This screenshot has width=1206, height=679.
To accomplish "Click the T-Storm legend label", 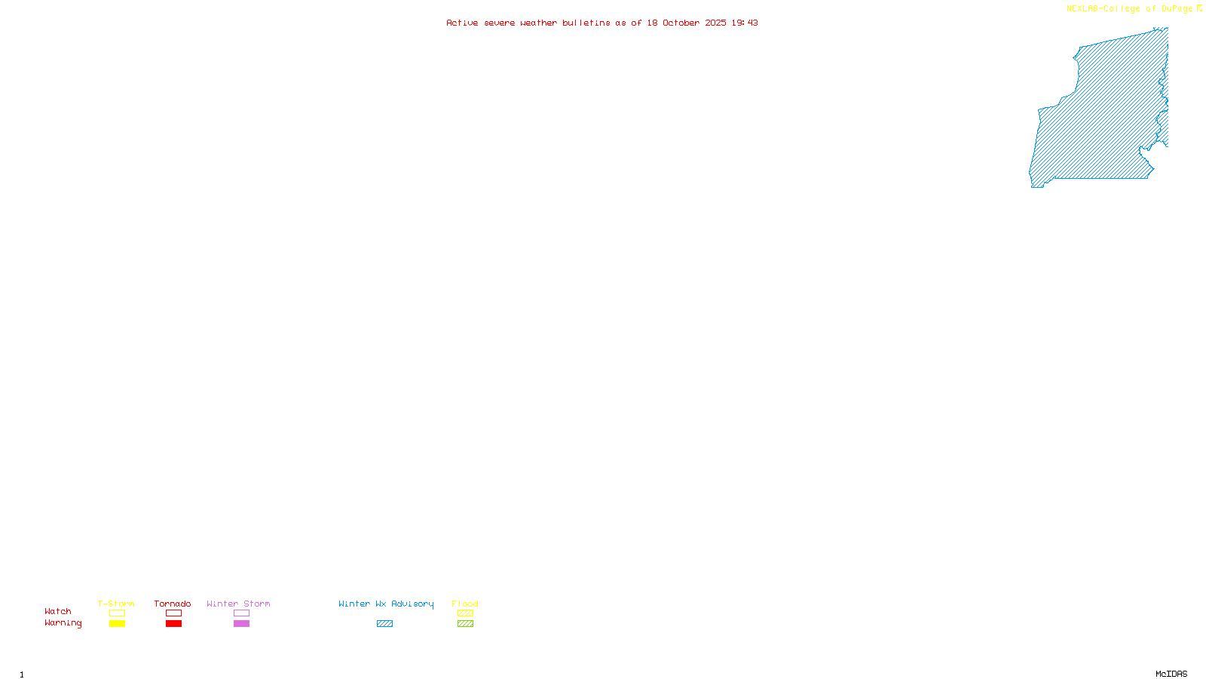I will (x=116, y=604).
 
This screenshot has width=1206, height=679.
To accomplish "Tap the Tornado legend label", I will (x=173, y=604).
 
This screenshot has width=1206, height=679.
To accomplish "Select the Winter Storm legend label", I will (x=238, y=604).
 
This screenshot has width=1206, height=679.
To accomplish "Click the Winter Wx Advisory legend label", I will (x=386, y=604).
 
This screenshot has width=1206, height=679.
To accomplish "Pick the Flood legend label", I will (x=465, y=604).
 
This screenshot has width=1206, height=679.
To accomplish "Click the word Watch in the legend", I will (x=58, y=611).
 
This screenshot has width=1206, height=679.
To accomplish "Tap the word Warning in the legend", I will (x=63, y=623).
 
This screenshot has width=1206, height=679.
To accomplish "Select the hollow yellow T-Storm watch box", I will (x=117, y=613).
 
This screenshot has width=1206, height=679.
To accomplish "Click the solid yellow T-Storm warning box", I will (x=117, y=624).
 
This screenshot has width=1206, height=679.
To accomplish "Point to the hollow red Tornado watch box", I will (x=173, y=613).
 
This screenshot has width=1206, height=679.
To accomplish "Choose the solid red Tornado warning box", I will (x=173, y=624).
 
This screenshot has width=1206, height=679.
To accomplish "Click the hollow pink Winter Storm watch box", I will (x=241, y=613).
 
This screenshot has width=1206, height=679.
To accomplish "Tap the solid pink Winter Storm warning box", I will (x=241, y=624).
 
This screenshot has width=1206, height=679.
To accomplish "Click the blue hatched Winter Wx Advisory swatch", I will (x=384, y=624).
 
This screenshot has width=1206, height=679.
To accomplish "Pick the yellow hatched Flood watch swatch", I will (x=465, y=613).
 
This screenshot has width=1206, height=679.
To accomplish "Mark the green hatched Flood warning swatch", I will (x=465, y=624).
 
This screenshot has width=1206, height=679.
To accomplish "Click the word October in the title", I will (x=681, y=23).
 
